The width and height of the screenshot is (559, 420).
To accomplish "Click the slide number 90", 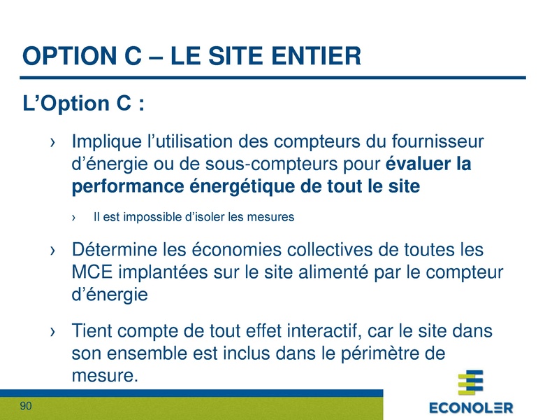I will [27, 407].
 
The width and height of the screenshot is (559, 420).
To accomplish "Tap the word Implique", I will [104, 143].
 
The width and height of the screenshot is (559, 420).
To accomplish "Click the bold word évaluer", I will [418, 165].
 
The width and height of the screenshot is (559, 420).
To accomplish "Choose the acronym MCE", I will [89, 272].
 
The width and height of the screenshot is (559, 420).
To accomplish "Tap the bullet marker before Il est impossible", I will [75, 218].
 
